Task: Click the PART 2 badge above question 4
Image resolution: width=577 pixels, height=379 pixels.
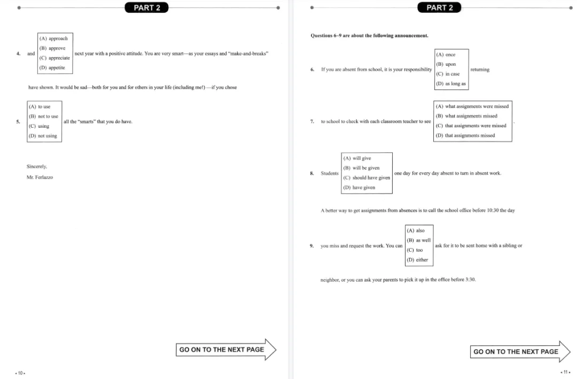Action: (x=146, y=7)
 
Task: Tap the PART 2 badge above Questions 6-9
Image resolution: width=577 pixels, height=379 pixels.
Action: (x=439, y=7)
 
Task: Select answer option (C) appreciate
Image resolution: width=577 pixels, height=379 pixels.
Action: (x=54, y=58)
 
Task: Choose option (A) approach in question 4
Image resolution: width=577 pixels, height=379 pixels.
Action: (x=54, y=38)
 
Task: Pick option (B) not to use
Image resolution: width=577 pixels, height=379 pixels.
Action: (x=43, y=117)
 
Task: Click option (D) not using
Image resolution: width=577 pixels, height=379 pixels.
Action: (x=43, y=136)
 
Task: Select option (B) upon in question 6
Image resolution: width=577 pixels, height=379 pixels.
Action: (x=446, y=64)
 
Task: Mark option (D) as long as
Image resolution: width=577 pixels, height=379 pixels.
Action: (x=451, y=83)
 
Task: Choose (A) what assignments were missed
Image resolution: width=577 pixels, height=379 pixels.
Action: (x=472, y=106)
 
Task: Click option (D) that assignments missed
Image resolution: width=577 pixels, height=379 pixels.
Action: (x=465, y=135)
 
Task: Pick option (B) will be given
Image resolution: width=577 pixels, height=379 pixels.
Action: (x=361, y=168)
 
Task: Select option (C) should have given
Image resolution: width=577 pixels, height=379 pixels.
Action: (x=367, y=177)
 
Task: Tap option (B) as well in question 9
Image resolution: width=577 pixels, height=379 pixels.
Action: (x=419, y=240)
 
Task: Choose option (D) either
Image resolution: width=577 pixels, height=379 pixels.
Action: (x=417, y=260)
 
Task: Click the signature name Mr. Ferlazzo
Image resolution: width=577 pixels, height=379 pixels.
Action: (x=40, y=177)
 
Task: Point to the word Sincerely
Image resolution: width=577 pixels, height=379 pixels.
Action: (x=37, y=166)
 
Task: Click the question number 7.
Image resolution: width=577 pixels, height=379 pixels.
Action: (x=312, y=121)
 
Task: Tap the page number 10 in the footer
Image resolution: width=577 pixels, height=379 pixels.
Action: (x=20, y=373)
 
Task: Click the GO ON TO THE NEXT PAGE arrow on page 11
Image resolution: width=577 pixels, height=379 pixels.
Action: (x=520, y=351)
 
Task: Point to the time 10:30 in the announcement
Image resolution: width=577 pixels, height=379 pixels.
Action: (x=493, y=210)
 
